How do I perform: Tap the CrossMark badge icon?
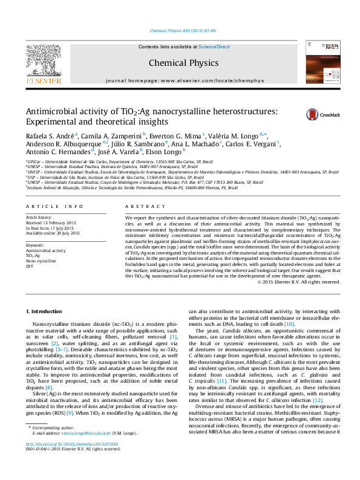(314, 114)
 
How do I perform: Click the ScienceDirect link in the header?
(214, 47)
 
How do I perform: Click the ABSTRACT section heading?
(140, 206)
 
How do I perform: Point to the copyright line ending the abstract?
(299, 281)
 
